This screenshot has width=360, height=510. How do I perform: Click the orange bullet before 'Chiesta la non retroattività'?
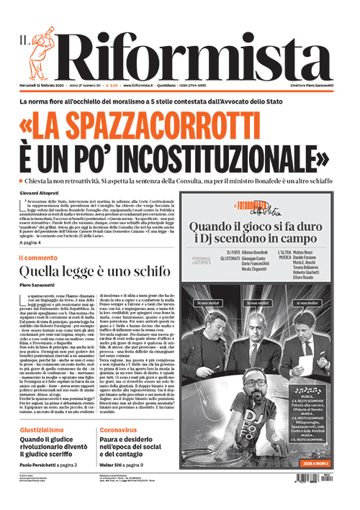22,180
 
